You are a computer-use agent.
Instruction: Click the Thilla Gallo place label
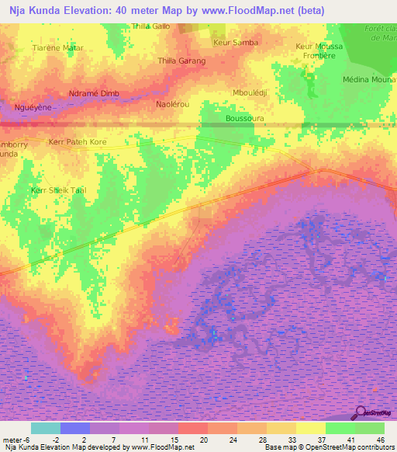[x=151, y=26]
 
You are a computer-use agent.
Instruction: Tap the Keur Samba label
[x=236, y=42]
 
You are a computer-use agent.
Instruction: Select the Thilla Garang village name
[x=181, y=61]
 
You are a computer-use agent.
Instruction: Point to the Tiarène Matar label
[x=57, y=47]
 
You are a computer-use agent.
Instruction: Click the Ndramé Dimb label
[x=94, y=93]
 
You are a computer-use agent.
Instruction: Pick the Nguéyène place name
[x=33, y=107]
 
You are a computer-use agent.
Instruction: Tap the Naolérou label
[x=173, y=103]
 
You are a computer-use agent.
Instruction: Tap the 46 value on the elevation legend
[x=380, y=439]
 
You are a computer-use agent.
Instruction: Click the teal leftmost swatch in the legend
[x=46, y=428]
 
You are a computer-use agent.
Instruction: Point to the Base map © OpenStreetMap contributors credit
[x=329, y=447]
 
